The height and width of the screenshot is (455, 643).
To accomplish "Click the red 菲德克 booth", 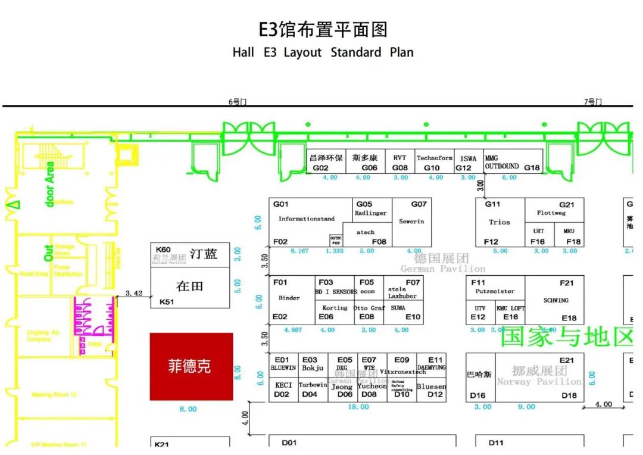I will pos(191,366).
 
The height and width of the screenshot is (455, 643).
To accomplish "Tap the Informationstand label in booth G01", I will pos(307,219).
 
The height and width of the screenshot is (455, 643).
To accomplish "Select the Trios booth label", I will pos(500,222).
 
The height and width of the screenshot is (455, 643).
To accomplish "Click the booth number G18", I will pos(532,168).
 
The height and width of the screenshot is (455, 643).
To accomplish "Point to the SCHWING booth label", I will pos(555,301).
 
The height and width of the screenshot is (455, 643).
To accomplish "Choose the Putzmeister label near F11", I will pos(495,292).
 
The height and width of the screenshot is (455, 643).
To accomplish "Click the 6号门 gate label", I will pos(237,102).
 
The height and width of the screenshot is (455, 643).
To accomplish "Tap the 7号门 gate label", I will pos(592,102).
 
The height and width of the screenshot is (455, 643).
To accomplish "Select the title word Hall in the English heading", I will pos(244,52).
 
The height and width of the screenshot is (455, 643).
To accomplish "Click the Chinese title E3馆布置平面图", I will pos(322,29).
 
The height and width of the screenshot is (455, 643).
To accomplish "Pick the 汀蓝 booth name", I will pos(204,254).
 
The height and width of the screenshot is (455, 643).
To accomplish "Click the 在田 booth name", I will pos(190,286).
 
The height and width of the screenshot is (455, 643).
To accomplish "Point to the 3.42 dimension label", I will pos(135,293).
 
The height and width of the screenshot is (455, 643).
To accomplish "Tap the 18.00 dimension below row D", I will pos(358,407).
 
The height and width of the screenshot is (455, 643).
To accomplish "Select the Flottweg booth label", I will pos(551,213).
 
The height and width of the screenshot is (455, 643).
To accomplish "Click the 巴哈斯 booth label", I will pos(479,375).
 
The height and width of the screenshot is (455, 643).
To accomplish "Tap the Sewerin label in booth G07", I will pos(411,222).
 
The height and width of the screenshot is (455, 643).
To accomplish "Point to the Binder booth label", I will pos(289,298).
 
